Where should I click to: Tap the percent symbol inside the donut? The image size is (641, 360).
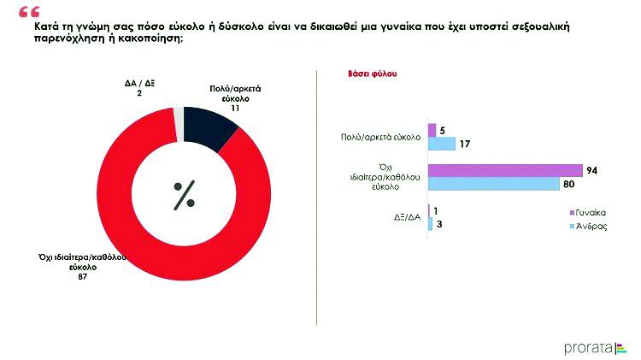tap(184, 196)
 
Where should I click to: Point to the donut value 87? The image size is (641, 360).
tap(83, 275)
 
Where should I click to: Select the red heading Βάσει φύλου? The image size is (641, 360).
tap(369, 74)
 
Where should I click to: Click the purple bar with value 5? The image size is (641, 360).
tap(432, 130)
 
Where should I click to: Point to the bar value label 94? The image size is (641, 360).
tap(591, 170)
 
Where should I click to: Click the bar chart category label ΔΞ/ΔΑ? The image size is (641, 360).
tap(407, 217)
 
